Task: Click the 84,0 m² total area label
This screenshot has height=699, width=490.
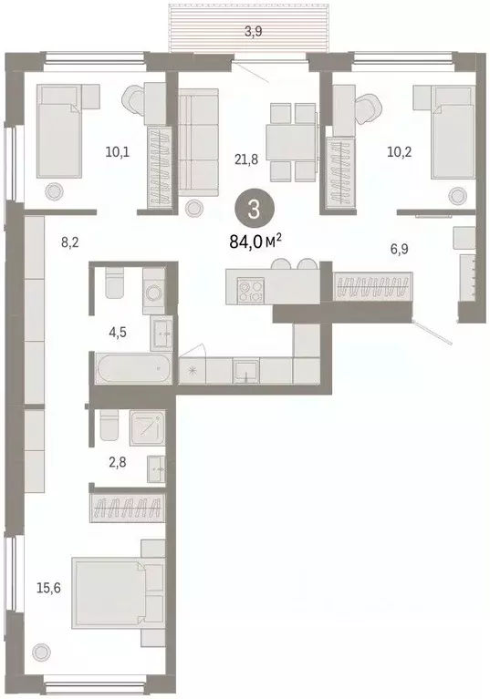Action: click(253, 242)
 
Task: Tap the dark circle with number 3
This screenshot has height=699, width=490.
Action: click(253, 209)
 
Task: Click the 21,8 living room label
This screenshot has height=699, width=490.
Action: click(245, 159)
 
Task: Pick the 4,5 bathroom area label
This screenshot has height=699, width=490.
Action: click(118, 332)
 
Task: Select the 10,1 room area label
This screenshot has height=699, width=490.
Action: click(116, 151)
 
